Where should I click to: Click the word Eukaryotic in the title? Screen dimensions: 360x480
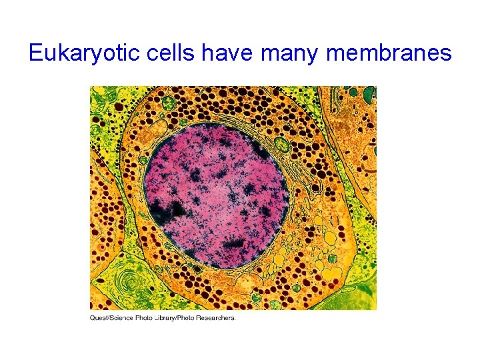click(x=75, y=53)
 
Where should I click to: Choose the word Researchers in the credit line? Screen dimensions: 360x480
click(x=214, y=318)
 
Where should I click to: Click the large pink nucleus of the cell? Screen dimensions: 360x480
click(x=217, y=193)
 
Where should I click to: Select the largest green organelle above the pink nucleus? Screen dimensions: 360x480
click(x=168, y=103)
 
